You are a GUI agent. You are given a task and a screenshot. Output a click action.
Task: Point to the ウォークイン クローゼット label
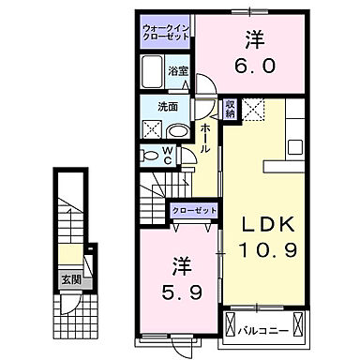[167, 31]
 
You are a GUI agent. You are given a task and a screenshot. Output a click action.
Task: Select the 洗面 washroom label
[168, 106]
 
